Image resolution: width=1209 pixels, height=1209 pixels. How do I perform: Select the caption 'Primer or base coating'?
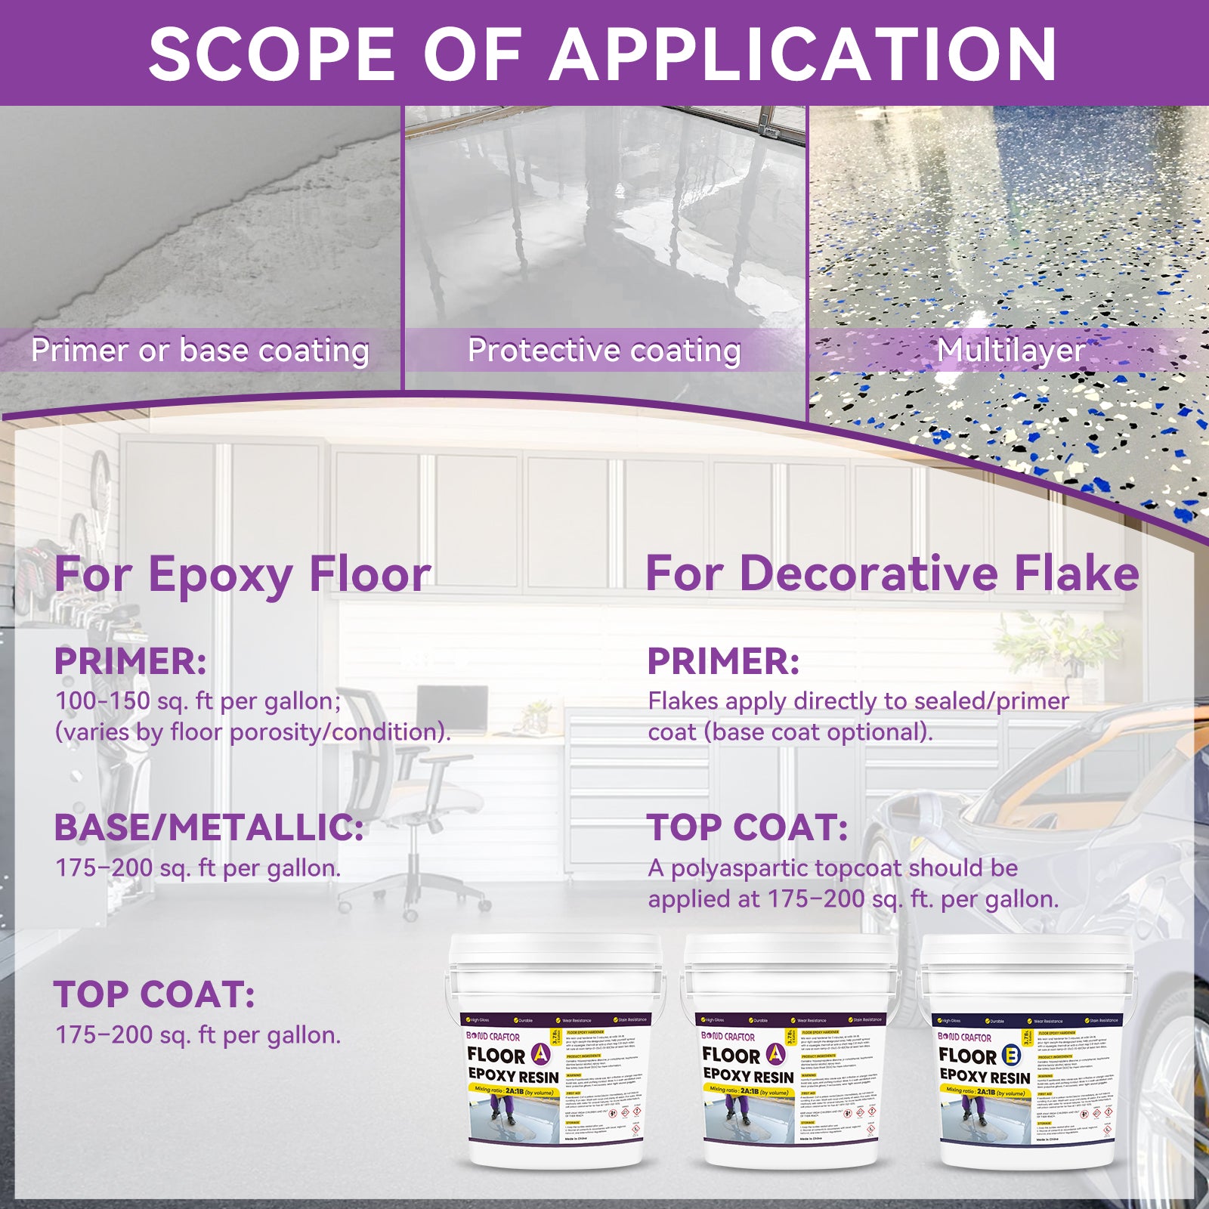point(200,350)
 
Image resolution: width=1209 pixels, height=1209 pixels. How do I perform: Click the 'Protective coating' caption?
point(604,350)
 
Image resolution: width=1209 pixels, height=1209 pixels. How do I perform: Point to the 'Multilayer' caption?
point(1011,350)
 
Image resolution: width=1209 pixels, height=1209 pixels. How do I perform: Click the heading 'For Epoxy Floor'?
point(243,574)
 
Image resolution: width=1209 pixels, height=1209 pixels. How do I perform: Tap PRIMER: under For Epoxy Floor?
point(130,661)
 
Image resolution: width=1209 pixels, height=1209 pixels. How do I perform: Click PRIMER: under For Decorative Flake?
point(723,661)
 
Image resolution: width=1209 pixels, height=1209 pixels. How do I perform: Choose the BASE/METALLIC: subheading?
point(209,827)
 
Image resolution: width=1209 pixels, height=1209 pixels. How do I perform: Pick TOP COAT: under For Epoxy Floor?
point(154,994)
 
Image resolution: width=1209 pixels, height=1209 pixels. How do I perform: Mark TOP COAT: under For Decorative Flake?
point(747,827)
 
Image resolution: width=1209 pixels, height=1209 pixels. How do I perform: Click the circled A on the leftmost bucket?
point(541,1054)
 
